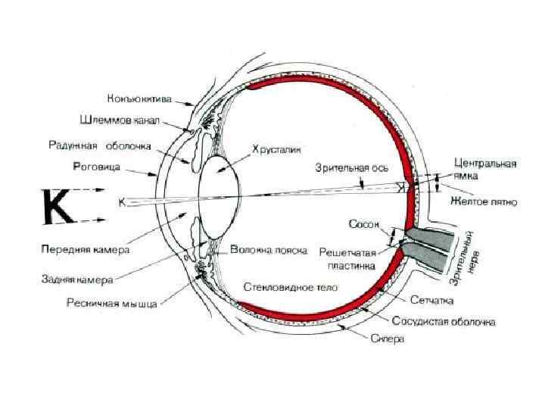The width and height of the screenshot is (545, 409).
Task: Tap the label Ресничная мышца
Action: (x=111, y=304)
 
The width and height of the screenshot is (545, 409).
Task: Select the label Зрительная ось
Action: (x=343, y=168)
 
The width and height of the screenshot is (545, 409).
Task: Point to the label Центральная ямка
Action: (x=485, y=168)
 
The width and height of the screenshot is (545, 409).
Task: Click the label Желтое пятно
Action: (x=483, y=203)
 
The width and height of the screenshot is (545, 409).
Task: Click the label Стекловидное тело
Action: (x=291, y=287)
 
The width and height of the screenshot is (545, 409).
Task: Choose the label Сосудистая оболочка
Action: (x=445, y=322)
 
